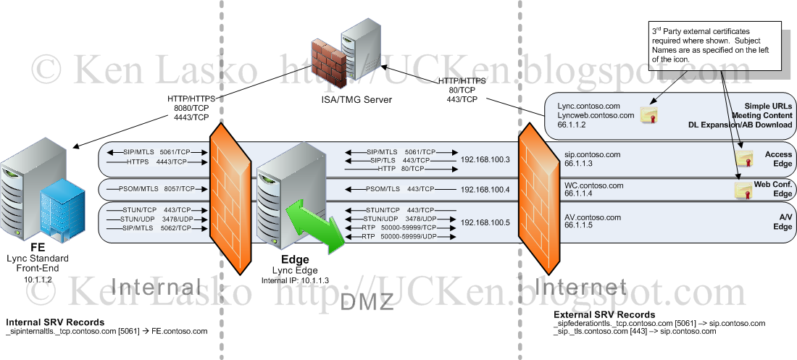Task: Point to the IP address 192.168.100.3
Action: [x=485, y=159]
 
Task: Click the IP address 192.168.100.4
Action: [x=485, y=189]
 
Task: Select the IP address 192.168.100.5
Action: [x=485, y=222]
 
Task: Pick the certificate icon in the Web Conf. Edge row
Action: [x=743, y=190]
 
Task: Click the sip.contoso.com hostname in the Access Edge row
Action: [x=593, y=154]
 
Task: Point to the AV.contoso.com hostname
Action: [x=592, y=217]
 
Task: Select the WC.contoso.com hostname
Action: [x=593, y=185]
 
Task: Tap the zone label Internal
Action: [x=155, y=288]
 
